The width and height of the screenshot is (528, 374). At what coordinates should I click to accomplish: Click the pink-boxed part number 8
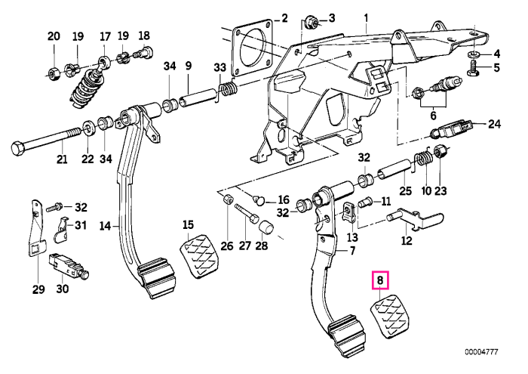380,280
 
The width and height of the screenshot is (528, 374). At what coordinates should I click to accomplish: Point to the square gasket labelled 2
252,47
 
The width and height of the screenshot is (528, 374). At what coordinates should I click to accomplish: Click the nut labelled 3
311,23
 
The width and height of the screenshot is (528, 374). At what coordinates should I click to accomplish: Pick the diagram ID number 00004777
481,352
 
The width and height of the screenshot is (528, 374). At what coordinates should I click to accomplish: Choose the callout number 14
105,225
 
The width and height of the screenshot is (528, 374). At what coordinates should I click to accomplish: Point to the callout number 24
494,124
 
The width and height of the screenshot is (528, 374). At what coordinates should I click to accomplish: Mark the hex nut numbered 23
440,153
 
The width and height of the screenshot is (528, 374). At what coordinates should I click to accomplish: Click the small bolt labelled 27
247,214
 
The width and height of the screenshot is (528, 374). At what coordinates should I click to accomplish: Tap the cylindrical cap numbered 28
266,227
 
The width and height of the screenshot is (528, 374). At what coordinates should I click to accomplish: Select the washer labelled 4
474,54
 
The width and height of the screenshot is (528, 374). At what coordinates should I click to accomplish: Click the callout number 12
407,240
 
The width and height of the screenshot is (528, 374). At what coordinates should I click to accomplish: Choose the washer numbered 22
88,128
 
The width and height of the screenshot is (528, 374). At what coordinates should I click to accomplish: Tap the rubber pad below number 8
390,317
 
